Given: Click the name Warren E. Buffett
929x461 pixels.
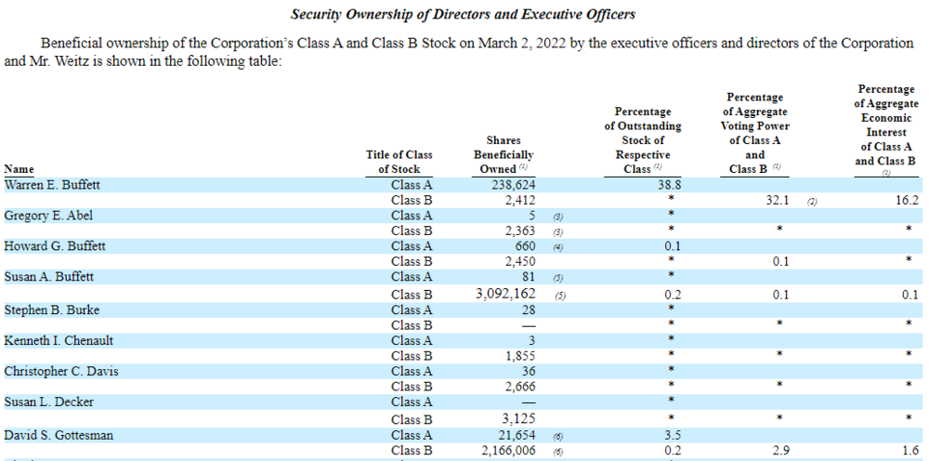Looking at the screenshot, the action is pyautogui.click(x=52, y=185).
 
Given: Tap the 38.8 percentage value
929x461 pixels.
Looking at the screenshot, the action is pyautogui.click(x=670, y=185).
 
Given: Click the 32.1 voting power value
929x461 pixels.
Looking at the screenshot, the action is pyautogui.click(x=778, y=200).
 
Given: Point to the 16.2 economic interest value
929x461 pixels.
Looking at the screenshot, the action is pyautogui.click(x=907, y=200).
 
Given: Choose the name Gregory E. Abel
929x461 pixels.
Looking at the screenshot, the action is pyautogui.click(x=48, y=216).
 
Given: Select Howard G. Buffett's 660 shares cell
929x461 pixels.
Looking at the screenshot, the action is pyautogui.click(x=525, y=246).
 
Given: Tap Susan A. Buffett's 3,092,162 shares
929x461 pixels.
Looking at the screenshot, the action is pyautogui.click(x=506, y=294).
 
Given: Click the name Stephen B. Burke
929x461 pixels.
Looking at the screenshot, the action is pyautogui.click(x=51, y=310).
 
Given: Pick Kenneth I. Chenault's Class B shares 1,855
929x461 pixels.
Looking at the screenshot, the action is pyautogui.click(x=521, y=356).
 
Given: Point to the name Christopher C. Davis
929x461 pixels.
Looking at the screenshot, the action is pyautogui.click(x=61, y=372).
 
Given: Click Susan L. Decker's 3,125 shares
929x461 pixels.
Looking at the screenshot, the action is pyautogui.click(x=521, y=420).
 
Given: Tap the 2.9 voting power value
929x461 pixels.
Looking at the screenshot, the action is pyautogui.click(x=781, y=451).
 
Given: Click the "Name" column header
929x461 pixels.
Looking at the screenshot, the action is pyautogui.click(x=19, y=169).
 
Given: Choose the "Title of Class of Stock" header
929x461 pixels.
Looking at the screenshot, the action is pyautogui.click(x=399, y=162).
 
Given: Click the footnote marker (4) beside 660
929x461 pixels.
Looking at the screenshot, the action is pyautogui.click(x=558, y=247).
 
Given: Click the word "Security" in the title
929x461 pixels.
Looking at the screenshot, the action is pyautogui.click(x=313, y=15).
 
